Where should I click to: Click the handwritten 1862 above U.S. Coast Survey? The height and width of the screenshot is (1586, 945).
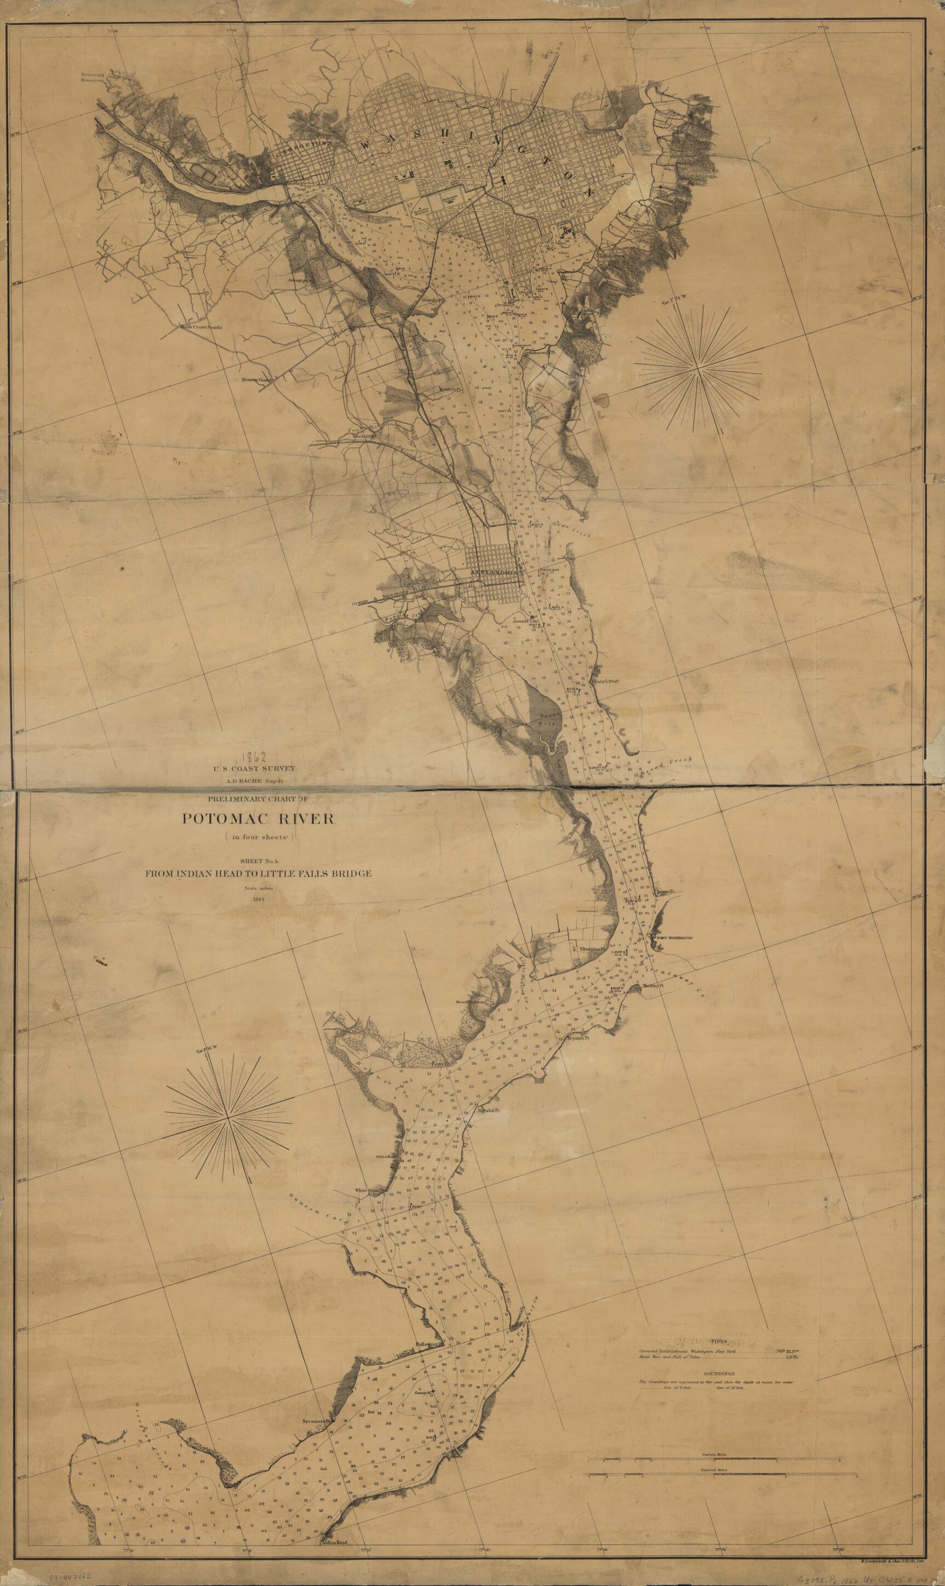pos(256,757)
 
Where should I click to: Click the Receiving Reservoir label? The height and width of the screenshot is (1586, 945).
pos(91,77)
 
